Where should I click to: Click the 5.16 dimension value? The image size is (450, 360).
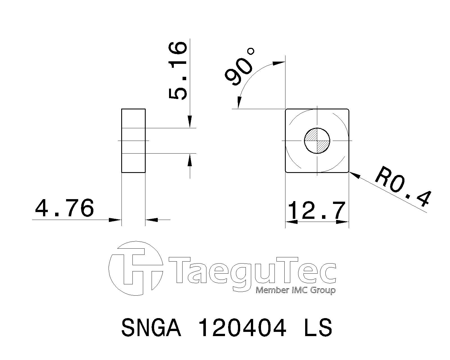[178, 71]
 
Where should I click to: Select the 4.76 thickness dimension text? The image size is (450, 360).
[64, 208]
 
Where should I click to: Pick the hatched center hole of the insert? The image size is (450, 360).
[317, 141]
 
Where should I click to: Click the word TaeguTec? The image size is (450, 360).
[252, 270]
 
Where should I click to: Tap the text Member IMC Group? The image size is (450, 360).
[295, 290]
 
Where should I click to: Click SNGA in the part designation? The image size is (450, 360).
[151, 328]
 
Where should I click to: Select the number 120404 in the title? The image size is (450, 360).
[242, 328]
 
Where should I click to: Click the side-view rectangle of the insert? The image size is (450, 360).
[133, 141]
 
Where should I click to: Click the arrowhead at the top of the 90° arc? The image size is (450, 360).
[279, 63]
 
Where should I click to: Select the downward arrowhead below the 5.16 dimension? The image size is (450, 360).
[190, 123]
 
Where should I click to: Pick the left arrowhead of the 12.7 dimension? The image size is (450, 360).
[291, 222]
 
